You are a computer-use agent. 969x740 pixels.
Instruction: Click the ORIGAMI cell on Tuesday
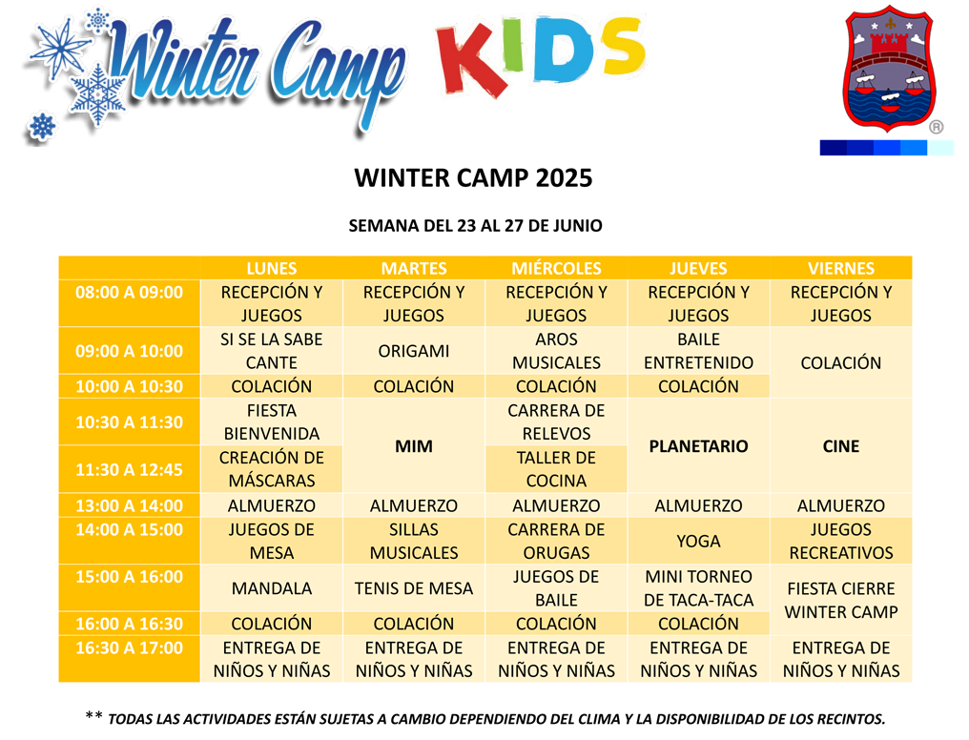(414, 351)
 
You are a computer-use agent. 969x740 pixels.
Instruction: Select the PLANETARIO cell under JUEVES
(699, 445)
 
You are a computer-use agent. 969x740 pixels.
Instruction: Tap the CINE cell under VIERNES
(840, 445)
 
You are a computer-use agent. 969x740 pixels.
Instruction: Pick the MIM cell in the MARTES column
(414, 445)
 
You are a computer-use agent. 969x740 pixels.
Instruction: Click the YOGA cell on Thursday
(699, 541)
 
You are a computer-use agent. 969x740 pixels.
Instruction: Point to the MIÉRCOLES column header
(556, 269)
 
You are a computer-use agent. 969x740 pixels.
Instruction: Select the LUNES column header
(272, 269)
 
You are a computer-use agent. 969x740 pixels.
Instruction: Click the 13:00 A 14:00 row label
(130, 505)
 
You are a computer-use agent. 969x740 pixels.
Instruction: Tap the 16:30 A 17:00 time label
(130, 648)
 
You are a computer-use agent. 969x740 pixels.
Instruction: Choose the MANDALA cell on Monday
(272, 588)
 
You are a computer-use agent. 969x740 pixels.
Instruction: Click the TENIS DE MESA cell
(414, 588)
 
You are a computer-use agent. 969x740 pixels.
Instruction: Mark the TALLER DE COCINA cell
(556, 469)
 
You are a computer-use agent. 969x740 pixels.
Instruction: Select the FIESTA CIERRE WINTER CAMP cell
(840, 600)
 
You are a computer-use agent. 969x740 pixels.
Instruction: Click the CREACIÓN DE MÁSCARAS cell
(272, 469)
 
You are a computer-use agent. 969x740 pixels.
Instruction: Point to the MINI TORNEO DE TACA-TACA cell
(699, 588)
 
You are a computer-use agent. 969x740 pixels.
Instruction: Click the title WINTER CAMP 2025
(473, 178)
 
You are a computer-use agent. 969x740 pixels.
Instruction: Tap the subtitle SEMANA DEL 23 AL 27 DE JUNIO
(475, 226)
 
